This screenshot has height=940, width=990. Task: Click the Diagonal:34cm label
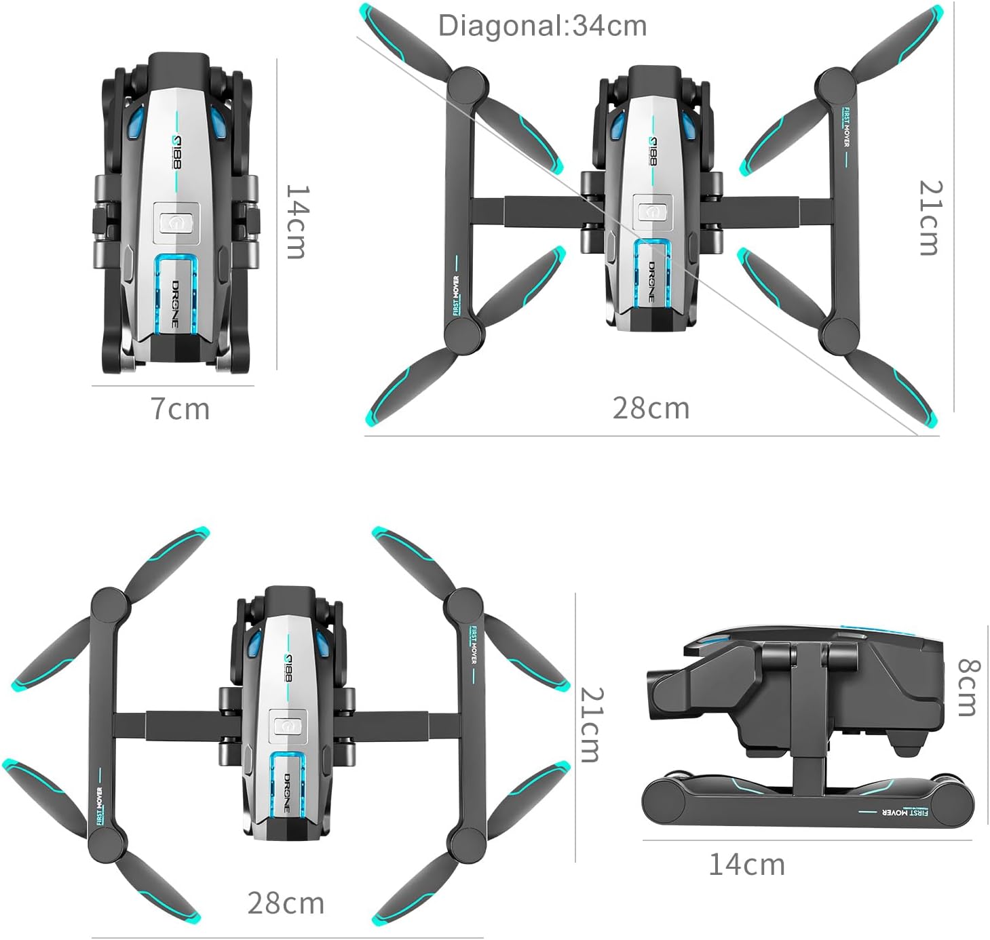tap(542, 26)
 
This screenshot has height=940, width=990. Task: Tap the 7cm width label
tap(180, 409)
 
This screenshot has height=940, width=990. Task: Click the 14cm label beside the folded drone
tap(297, 221)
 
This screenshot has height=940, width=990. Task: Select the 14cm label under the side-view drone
tap(746, 865)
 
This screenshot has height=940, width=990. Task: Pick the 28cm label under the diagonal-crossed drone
tap(650, 408)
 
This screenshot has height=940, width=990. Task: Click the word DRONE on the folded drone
tap(176, 303)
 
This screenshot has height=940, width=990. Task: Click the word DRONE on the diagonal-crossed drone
tap(651, 280)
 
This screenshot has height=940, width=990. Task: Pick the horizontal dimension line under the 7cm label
tap(173, 387)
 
